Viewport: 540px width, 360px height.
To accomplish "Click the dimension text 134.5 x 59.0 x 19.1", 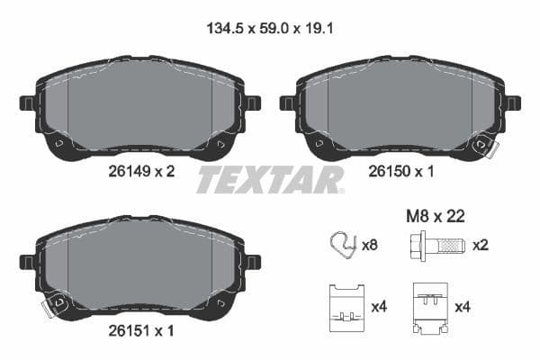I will tap(270, 28).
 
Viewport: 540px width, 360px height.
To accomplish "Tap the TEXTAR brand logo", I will tap(270, 179).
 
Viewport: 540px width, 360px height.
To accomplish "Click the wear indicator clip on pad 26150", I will tap(489, 144).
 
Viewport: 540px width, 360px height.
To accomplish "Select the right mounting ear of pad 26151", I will tap(252, 261).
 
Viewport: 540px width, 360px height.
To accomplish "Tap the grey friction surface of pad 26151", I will tap(139, 265).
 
